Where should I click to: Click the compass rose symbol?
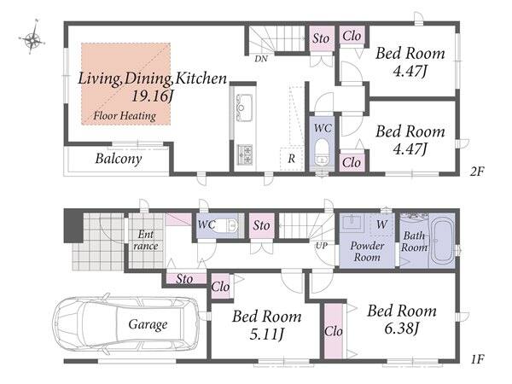[x=32, y=40]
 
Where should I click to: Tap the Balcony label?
[x=119, y=159]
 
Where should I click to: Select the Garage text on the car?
[x=148, y=324]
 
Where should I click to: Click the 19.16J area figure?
[x=153, y=96]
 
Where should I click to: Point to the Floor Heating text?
[x=125, y=115]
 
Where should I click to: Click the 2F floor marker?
[x=477, y=172]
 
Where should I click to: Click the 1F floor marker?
[x=477, y=359]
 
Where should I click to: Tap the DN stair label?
[x=261, y=59]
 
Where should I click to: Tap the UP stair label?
[x=322, y=246]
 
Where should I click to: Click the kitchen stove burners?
[x=245, y=154]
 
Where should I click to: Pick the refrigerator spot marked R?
[x=292, y=159]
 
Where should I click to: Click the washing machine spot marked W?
[x=381, y=224]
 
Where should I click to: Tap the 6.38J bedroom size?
[x=402, y=329]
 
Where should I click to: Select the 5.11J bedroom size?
[x=267, y=334]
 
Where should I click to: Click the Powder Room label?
[x=367, y=252]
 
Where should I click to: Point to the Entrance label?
[x=146, y=240]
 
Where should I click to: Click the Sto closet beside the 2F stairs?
[x=321, y=38]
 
